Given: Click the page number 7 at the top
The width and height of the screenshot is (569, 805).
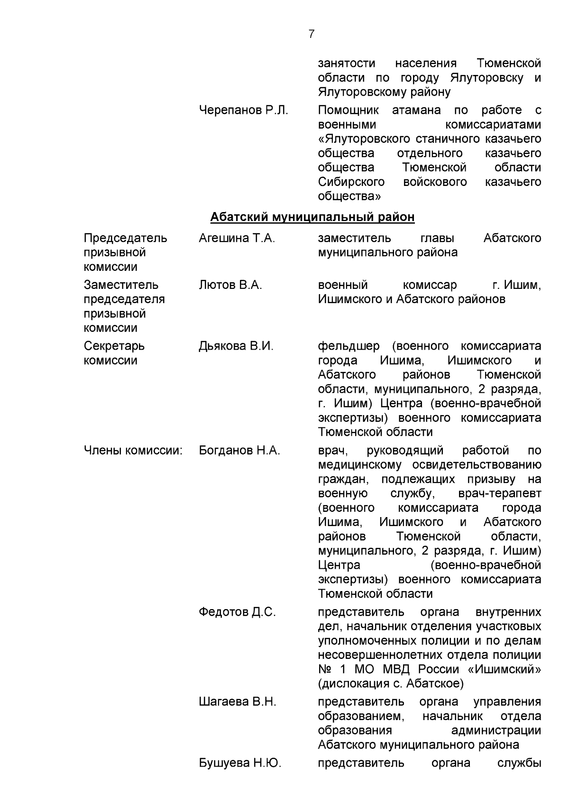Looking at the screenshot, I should [x=311, y=34].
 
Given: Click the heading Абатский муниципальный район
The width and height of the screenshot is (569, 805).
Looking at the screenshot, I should [x=312, y=217].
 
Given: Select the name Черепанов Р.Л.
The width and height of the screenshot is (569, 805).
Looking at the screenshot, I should [x=243, y=111].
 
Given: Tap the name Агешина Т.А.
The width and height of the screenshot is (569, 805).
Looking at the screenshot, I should [x=237, y=238].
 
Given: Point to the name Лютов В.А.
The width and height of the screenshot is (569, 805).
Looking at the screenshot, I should [x=230, y=285].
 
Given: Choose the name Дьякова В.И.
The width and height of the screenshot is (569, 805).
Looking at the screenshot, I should [x=236, y=346].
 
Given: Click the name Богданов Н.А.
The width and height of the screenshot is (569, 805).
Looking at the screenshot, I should [x=239, y=451].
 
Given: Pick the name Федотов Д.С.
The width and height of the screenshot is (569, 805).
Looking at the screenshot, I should [x=237, y=612].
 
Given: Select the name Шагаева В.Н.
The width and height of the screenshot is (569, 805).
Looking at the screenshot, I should [x=237, y=702].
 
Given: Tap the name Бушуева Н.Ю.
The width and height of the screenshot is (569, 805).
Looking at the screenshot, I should [x=240, y=763].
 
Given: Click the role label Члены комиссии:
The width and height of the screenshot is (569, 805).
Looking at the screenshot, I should [x=133, y=451].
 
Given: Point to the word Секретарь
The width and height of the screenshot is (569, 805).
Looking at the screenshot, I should [x=114, y=346].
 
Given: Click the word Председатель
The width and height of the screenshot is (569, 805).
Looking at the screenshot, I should [x=126, y=238].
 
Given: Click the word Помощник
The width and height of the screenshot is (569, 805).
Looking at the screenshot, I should [x=349, y=111].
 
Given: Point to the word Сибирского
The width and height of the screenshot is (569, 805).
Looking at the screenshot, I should [x=351, y=182].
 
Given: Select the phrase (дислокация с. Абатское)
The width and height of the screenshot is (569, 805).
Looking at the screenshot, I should [x=391, y=684].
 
